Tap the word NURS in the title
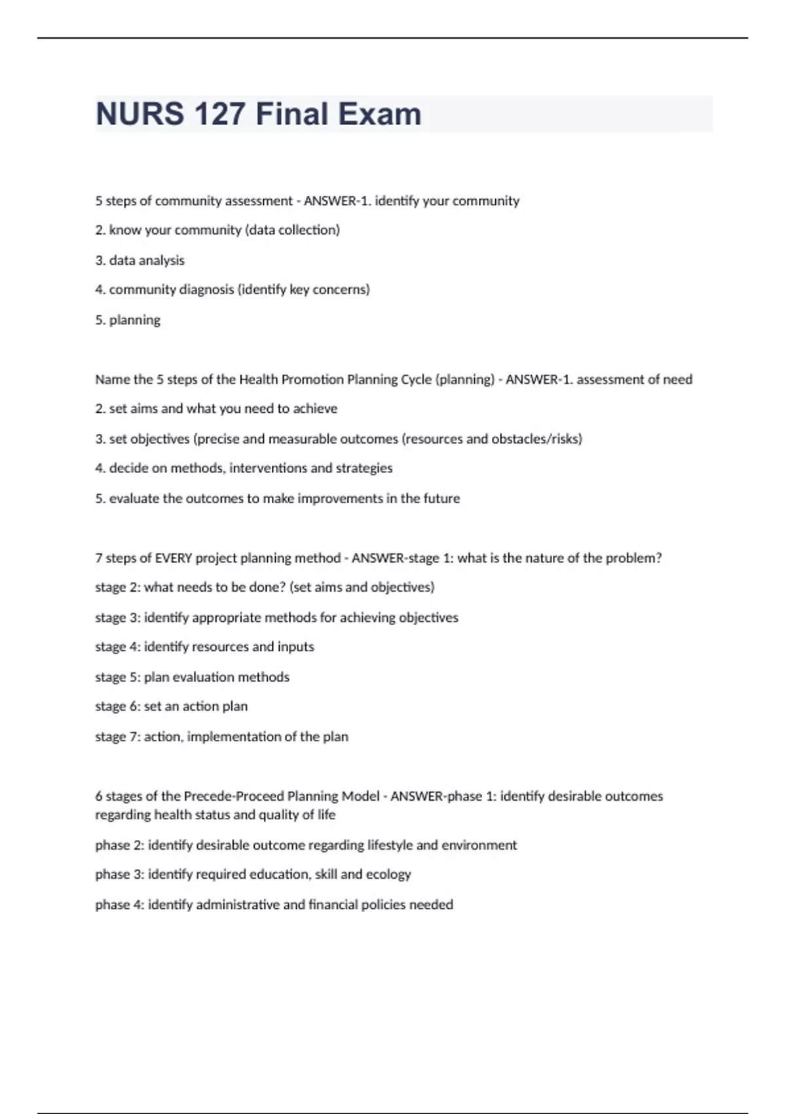tap(140, 114)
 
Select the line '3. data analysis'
tap(140, 260)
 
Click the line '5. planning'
tap(128, 320)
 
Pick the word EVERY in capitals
tap(174, 558)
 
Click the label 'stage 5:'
tap(117, 677)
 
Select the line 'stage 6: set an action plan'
tap(172, 706)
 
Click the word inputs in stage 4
tap(295, 647)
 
